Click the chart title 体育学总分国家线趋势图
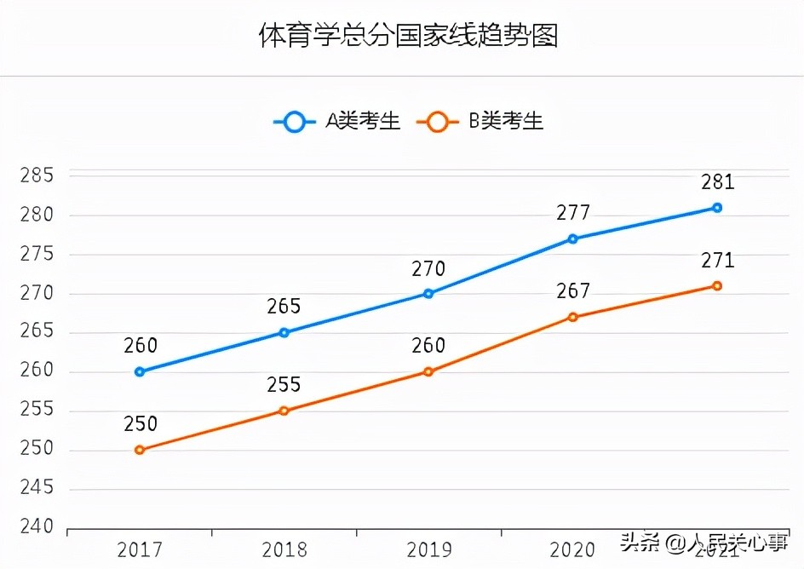(408, 37)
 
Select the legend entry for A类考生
(336, 122)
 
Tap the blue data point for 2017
(140, 371)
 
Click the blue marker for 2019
(428, 294)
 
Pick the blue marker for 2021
(717, 208)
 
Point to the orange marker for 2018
(284, 411)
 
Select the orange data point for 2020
(573, 317)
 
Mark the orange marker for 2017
(140, 450)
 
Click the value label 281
(717, 182)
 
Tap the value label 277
(573, 213)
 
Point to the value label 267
(573, 291)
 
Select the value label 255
(284, 385)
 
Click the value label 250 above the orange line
(140, 424)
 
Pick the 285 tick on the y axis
(37, 176)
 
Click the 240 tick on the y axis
(37, 527)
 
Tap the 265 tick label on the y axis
(37, 332)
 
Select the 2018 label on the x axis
(284, 549)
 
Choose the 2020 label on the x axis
(573, 549)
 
